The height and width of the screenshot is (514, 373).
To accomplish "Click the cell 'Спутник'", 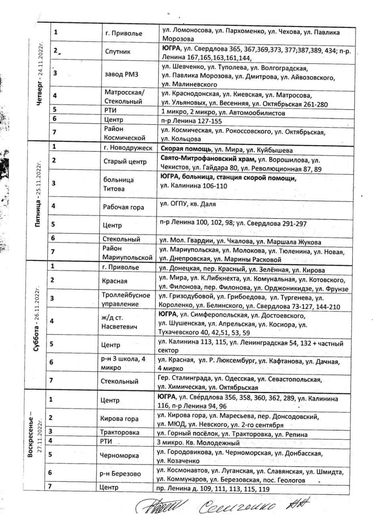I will pyautogui.click(x=118, y=52).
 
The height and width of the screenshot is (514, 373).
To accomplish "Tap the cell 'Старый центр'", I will pyautogui.click(x=122, y=162).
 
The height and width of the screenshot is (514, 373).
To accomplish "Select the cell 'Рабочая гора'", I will pyautogui.click(x=123, y=208).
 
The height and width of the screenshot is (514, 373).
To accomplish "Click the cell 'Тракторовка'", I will pyautogui.click(x=121, y=432).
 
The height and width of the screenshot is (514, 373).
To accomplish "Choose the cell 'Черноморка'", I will pyautogui.click(x=120, y=455).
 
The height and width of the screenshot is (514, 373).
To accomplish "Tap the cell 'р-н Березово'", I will pyautogui.click(x=120, y=474).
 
